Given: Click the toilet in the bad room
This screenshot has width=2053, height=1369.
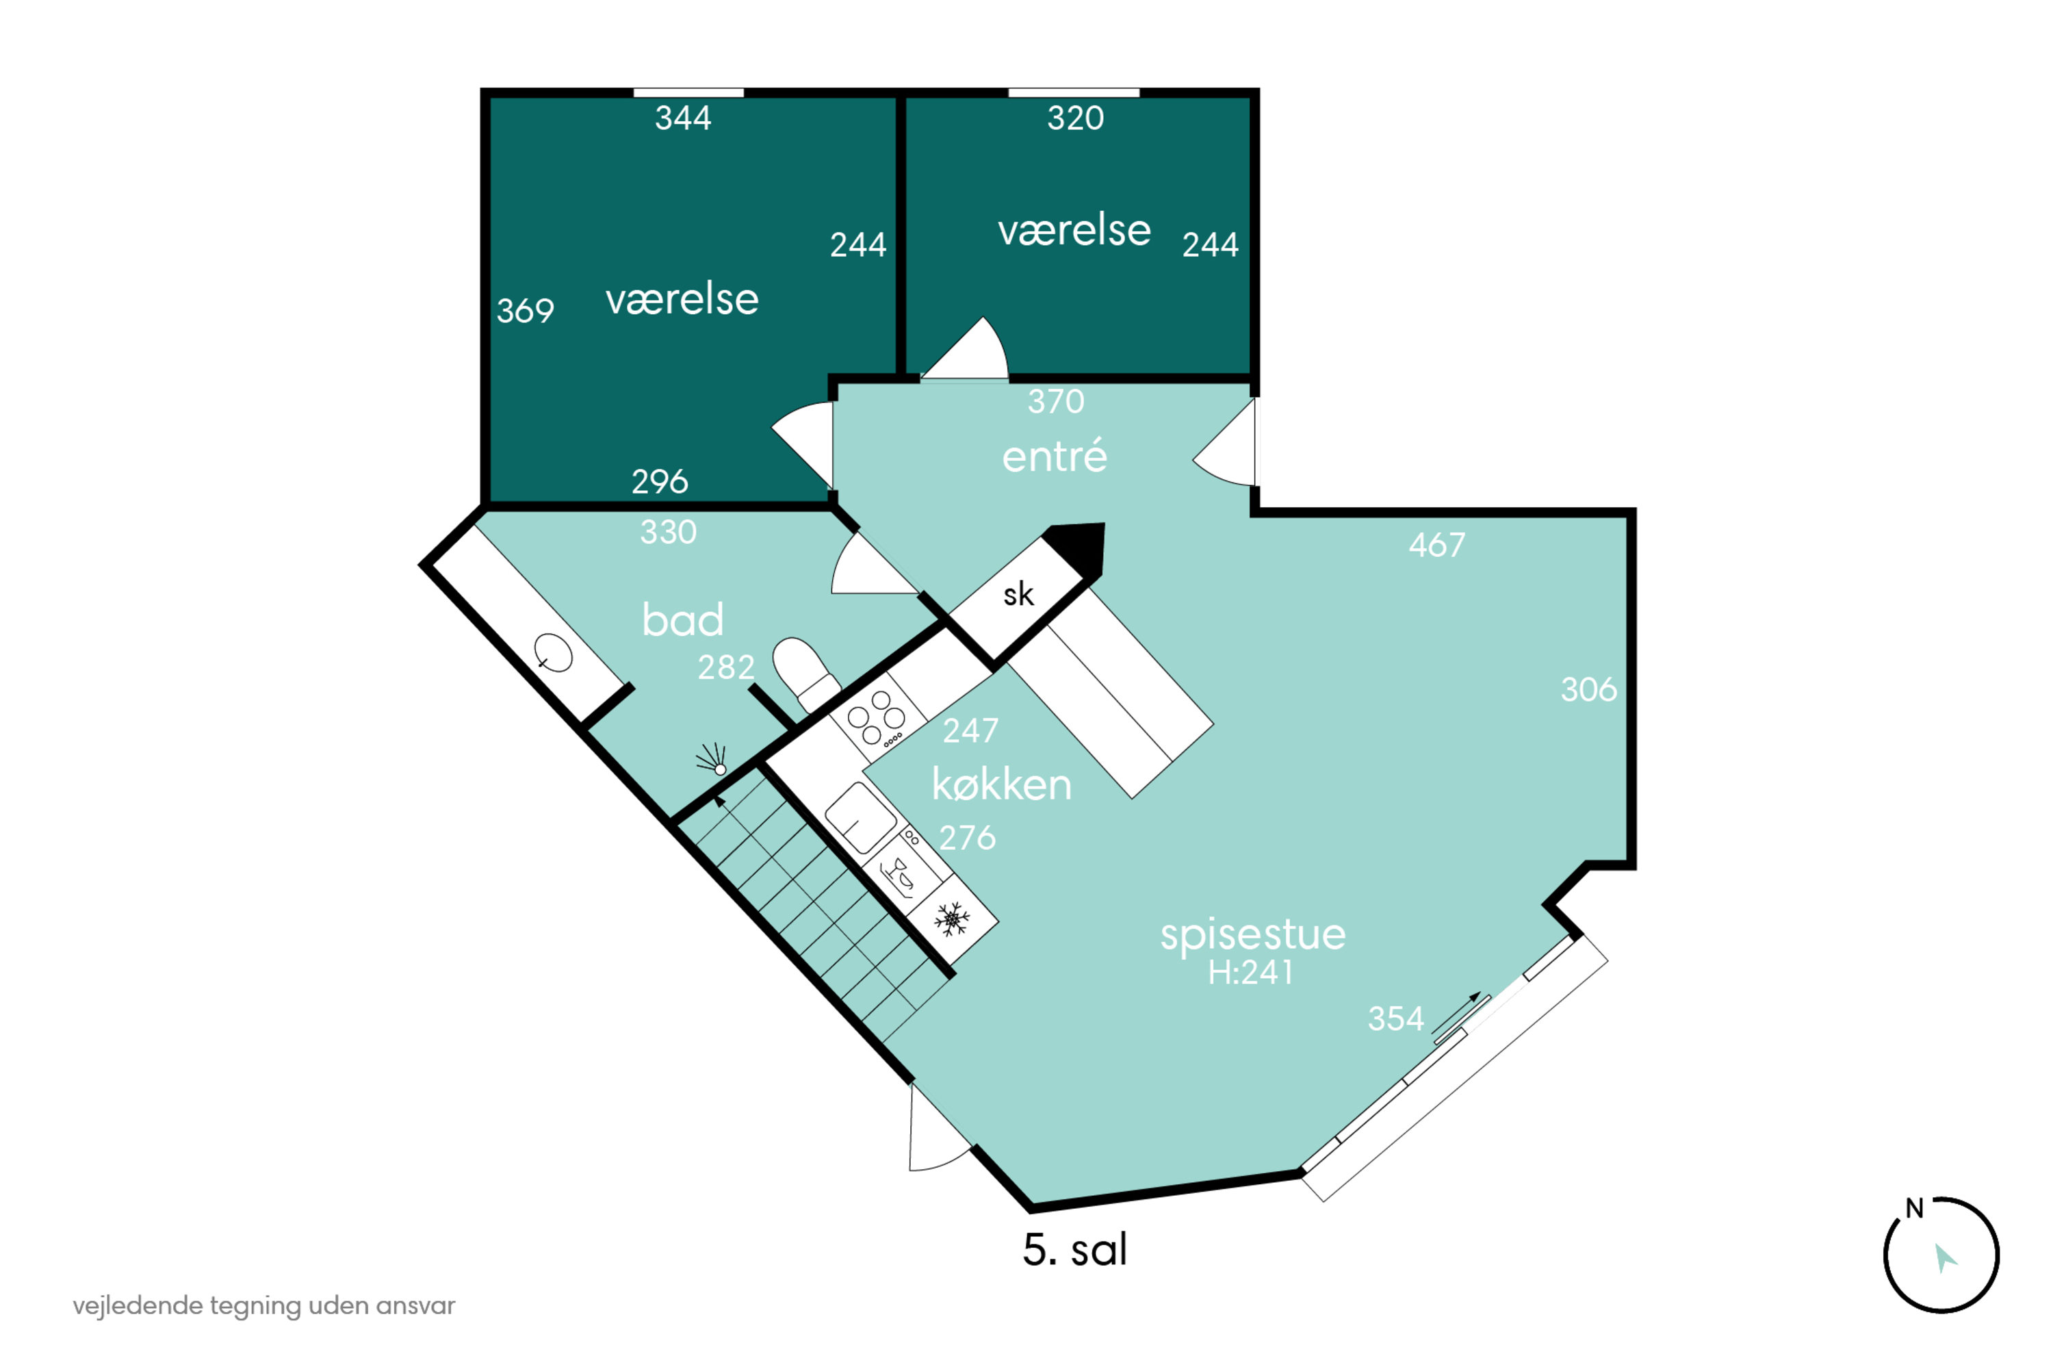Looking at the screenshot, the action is coord(805,673).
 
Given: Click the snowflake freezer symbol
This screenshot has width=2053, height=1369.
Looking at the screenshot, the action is coord(951,919).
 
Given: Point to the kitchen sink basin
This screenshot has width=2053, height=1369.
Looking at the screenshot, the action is coord(861,818).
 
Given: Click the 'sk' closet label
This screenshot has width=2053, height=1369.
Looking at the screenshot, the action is coord(1018,595).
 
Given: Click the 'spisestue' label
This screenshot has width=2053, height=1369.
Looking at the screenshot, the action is coord(1252,935).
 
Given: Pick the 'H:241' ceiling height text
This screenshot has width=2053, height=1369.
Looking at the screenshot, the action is coord(1250,973).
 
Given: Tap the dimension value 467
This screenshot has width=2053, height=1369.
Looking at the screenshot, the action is coord(1436,545).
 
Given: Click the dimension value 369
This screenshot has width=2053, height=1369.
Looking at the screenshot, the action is coord(526,311).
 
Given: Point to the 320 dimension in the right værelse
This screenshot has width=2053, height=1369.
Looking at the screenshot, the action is coord(1075,118).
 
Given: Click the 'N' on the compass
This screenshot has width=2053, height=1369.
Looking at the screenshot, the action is coord(1914,1210).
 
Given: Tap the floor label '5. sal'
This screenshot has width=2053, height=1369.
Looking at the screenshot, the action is coord(1075,1249).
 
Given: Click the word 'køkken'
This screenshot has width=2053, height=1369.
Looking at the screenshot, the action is coord(1002,784).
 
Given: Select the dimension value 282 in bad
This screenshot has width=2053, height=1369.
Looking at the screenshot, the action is coord(725,668).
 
